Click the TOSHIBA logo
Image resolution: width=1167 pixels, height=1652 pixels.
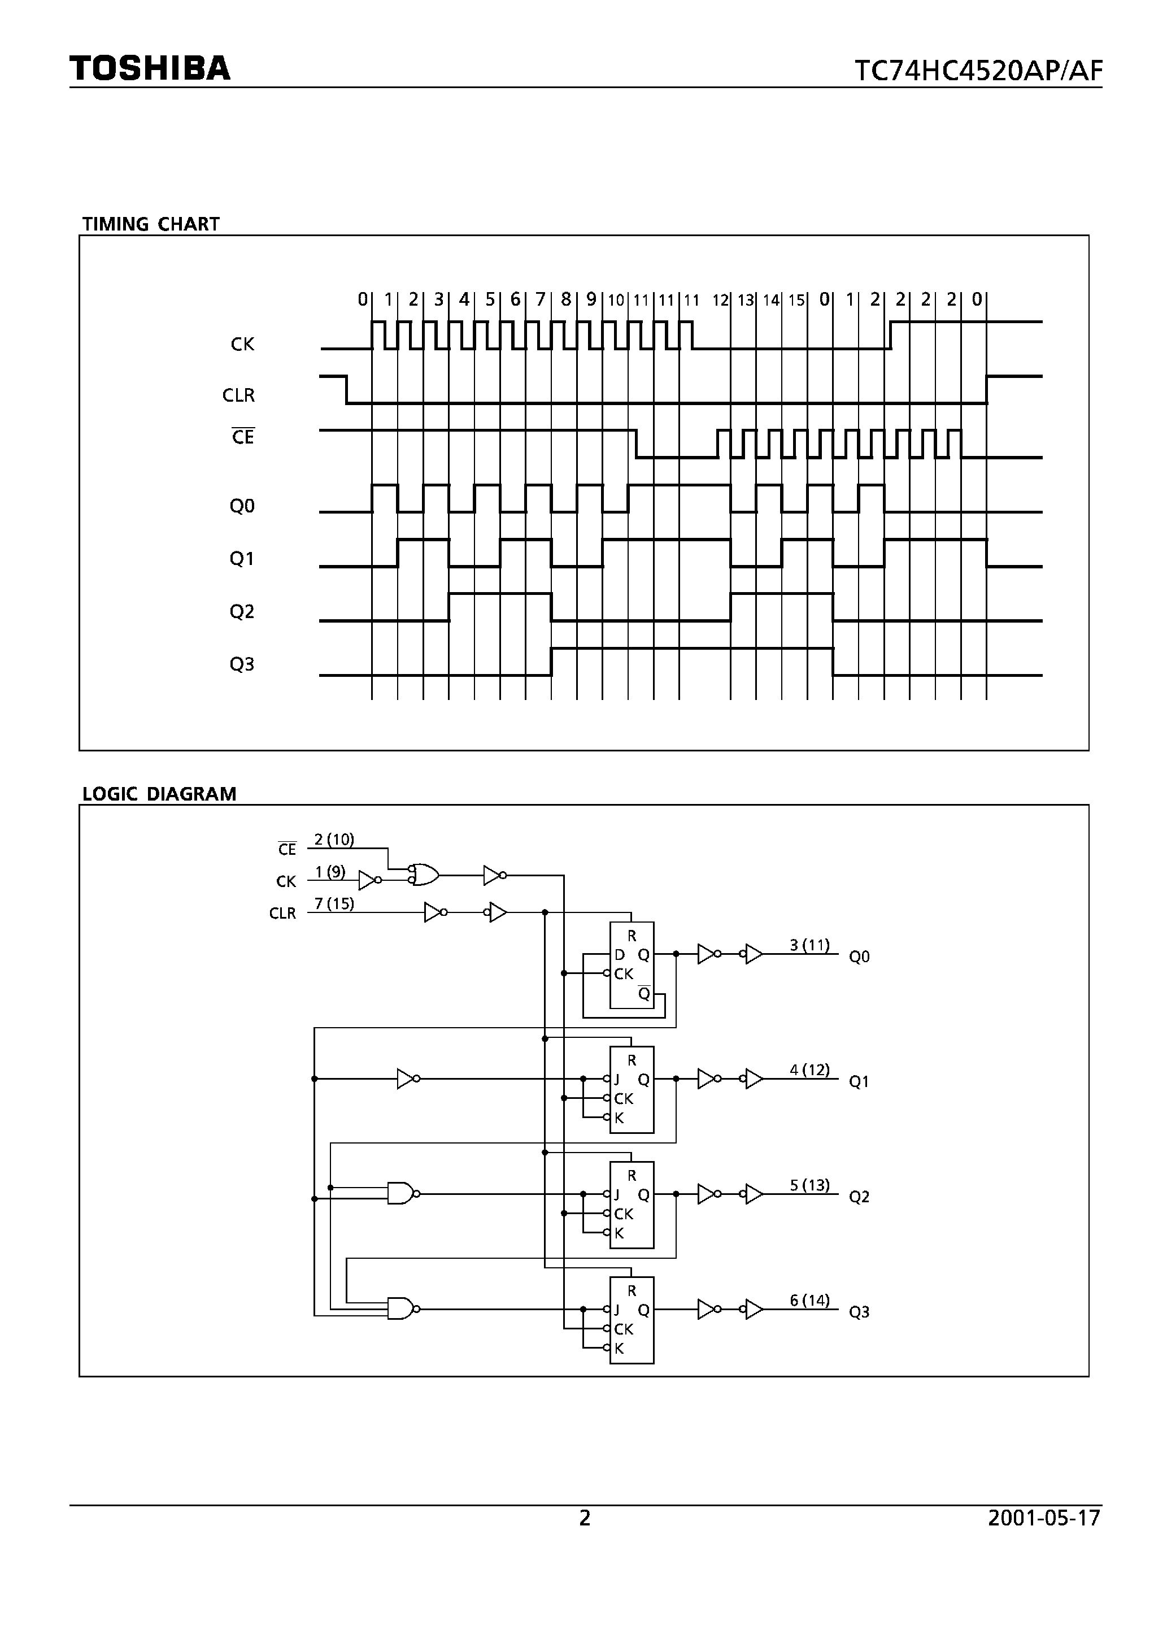[x=150, y=68]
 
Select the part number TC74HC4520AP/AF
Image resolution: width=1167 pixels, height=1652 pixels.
[x=978, y=71]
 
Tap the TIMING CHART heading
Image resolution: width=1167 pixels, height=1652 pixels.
[x=150, y=224]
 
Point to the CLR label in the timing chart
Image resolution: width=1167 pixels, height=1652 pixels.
[x=239, y=395]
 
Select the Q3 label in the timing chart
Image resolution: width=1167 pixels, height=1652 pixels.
[x=242, y=664]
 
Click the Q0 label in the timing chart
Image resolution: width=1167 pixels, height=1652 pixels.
[x=242, y=507]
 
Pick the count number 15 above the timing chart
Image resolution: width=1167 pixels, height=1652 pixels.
[x=796, y=301]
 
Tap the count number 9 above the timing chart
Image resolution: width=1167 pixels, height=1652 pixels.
[x=591, y=299]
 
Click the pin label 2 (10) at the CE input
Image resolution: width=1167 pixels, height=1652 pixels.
[x=334, y=840]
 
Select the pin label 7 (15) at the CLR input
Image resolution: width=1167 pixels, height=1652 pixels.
[x=334, y=904]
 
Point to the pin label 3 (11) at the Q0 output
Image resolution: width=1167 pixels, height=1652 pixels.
[x=809, y=945]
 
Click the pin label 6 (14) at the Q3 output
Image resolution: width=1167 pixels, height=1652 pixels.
[x=809, y=1300]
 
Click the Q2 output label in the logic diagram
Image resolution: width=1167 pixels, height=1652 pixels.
[x=859, y=1197]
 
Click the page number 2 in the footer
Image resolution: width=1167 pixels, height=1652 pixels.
[x=584, y=1518]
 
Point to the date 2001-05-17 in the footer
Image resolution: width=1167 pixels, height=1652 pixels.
[x=1044, y=1518]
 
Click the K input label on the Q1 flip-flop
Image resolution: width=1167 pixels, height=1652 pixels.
[x=619, y=1118]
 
